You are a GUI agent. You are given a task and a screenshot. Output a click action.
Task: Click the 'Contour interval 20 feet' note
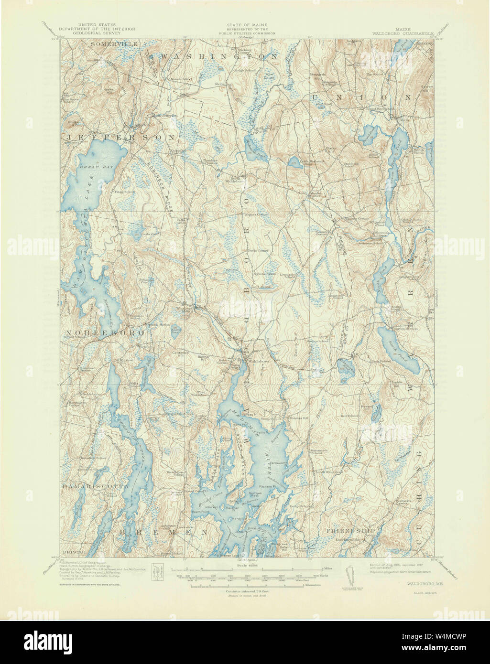[246, 591]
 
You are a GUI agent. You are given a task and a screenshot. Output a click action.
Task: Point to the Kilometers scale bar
[246, 584]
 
